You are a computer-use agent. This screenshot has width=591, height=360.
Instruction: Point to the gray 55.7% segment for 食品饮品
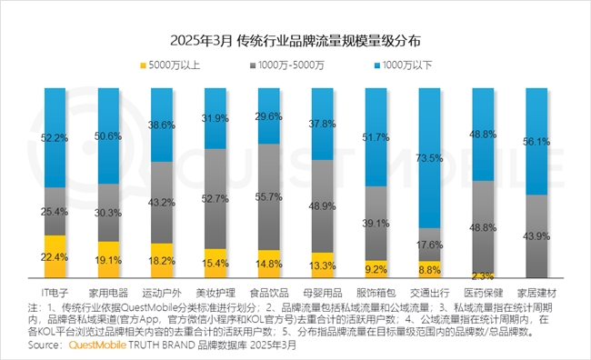pyautogui.click(x=269, y=196)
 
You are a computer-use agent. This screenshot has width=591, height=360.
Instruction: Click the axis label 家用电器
pyautogui.click(x=108, y=292)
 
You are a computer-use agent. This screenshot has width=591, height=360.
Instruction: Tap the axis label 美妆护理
pyautogui.click(x=215, y=292)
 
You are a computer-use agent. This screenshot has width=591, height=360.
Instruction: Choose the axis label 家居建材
pyautogui.click(x=536, y=292)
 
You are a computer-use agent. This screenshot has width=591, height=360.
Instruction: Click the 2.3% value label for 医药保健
pyautogui.click(x=483, y=275)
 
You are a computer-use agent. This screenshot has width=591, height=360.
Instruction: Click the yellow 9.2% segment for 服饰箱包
pyautogui.click(x=376, y=268)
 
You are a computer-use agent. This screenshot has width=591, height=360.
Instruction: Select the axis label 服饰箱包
pyautogui.click(x=376, y=292)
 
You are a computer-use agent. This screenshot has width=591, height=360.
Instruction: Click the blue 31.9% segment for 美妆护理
pyautogui.click(x=215, y=118)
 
